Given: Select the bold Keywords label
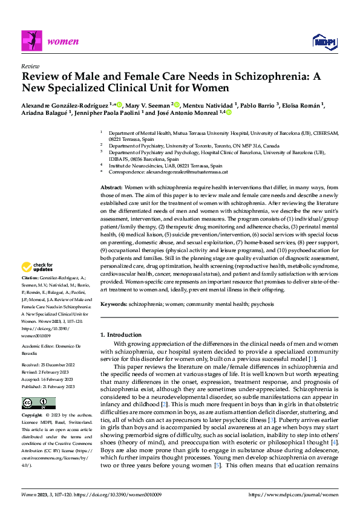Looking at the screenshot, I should pyautogui.click(x=113, y=303).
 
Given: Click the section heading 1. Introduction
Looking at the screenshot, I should pyautogui.click(x=124, y=334).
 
